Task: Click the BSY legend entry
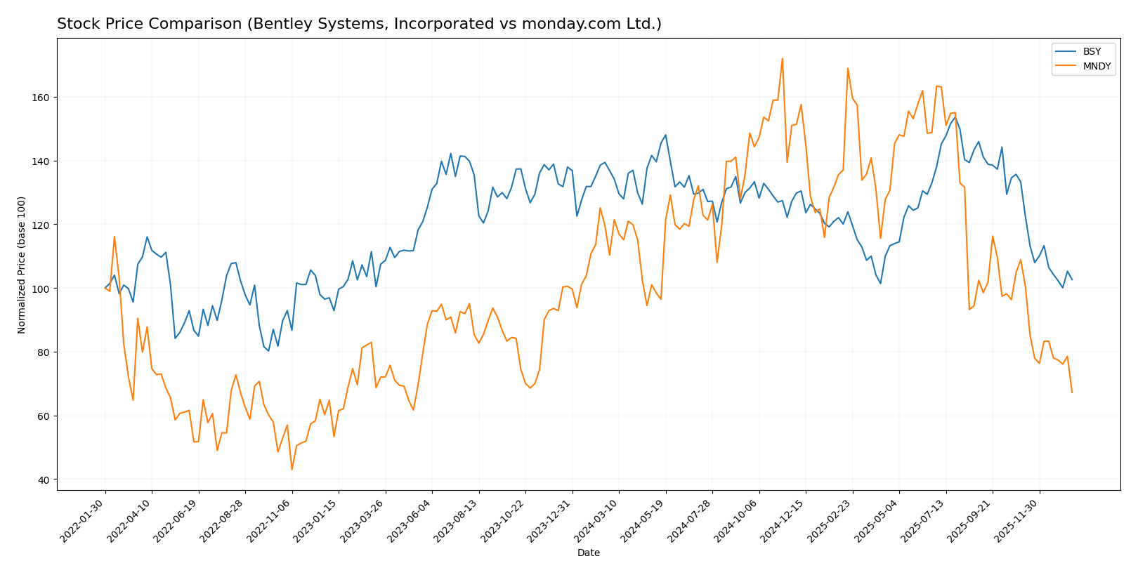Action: pyautogui.click(x=1092, y=52)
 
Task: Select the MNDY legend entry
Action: pyautogui.click(x=1097, y=67)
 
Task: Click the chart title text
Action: pyautogui.click(x=359, y=25)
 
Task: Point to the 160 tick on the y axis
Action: pyautogui.click(x=44, y=98)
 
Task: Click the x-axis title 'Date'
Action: pyautogui.click(x=589, y=553)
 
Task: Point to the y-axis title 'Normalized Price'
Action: pyautogui.click(x=22, y=265)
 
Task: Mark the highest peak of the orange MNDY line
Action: pyautogui.click(x=782, y=58)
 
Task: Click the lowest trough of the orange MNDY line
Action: pyautogui.click(x=292, y=470)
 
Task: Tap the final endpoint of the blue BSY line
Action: pyautogui.click(x=1072, y=279)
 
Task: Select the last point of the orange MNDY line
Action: pyautogui.click(x=1072, y=392)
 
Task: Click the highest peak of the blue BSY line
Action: pyautogui.click(x=955, y=117)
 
